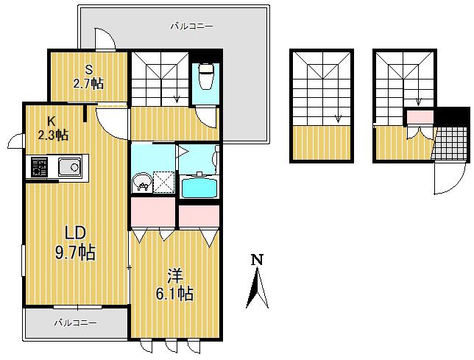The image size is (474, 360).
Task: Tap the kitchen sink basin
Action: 70,167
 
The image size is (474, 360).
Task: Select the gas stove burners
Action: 39,167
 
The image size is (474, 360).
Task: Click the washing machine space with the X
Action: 163,182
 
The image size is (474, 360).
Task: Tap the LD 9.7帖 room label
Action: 75,243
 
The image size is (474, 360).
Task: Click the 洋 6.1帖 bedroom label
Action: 174,284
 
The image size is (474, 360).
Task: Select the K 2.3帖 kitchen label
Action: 52,128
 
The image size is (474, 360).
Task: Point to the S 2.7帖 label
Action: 88,77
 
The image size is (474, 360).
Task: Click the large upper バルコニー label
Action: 191,27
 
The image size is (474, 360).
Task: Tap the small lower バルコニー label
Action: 76,322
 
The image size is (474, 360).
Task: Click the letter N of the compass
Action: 258,260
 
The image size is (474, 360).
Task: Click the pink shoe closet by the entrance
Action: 420,117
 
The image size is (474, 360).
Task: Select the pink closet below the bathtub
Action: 199,216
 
